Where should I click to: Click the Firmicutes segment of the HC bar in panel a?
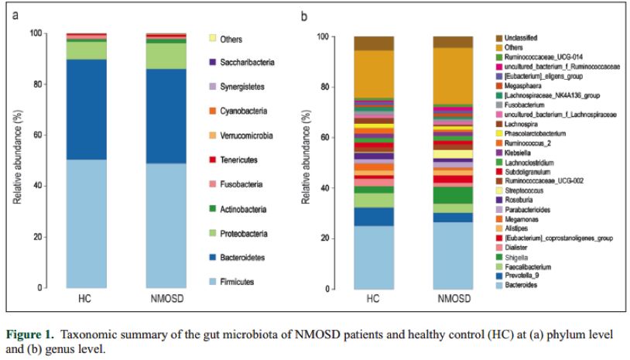[x=86, y=224]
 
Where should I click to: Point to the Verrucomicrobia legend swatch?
[x=213, y=135]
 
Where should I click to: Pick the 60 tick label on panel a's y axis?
[x=35, y=135]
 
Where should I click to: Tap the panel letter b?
[x=304, y=15]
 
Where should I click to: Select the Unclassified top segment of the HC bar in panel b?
[x=374, y=43]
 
